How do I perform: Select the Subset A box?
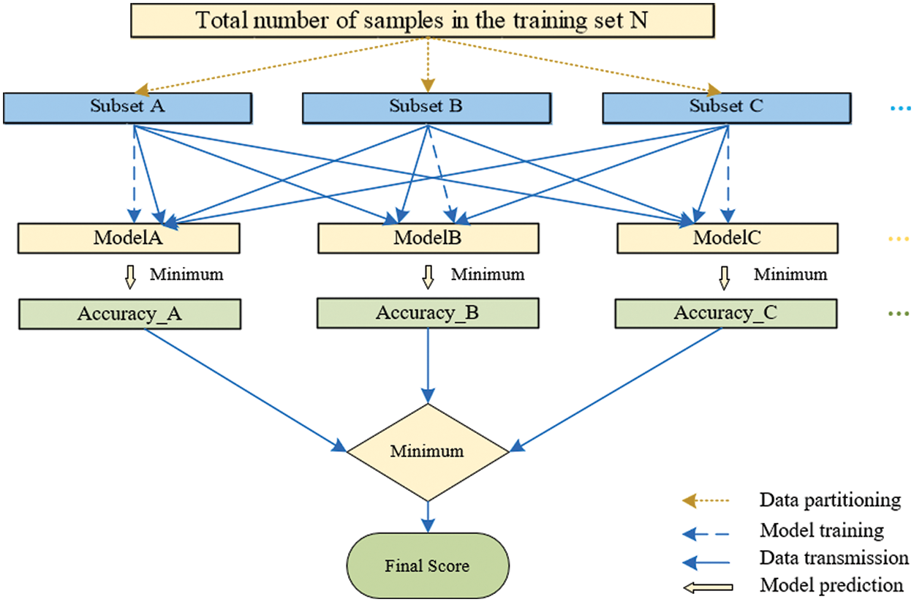[128, 107]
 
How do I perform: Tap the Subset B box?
[426, 107]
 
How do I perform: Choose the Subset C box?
[725, 107]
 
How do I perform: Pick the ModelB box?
[428, 238]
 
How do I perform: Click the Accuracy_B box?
[428, 314]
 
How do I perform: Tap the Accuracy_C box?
[725, 314]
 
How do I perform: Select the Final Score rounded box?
[428, 565]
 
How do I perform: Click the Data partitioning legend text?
[830, 500]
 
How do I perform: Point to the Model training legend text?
[822, 530]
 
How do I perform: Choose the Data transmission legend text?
[834, 558]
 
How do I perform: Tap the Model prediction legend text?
[831, 585]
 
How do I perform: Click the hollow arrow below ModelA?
[132, 276]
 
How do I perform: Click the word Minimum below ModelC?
[790, 275]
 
